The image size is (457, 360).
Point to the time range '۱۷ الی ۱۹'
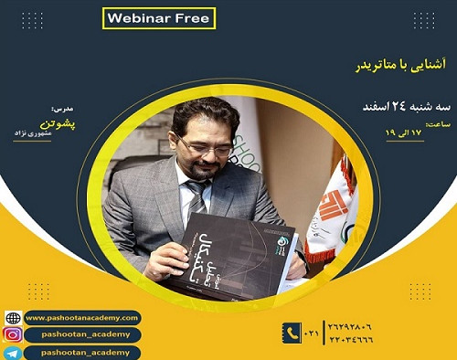click(x=408, y=133)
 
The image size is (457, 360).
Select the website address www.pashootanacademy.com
click(x=82, y=317)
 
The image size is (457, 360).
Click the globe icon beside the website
click(x=12, y=318)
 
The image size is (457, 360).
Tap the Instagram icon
click(x=12, y=334)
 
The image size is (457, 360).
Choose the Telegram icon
click(x=12, y=352)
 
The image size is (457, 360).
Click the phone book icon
click(x=292, y=333)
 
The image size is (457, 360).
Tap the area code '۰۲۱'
click(x=313, y=333)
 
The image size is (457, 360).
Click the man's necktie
click(x=196, y=196)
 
